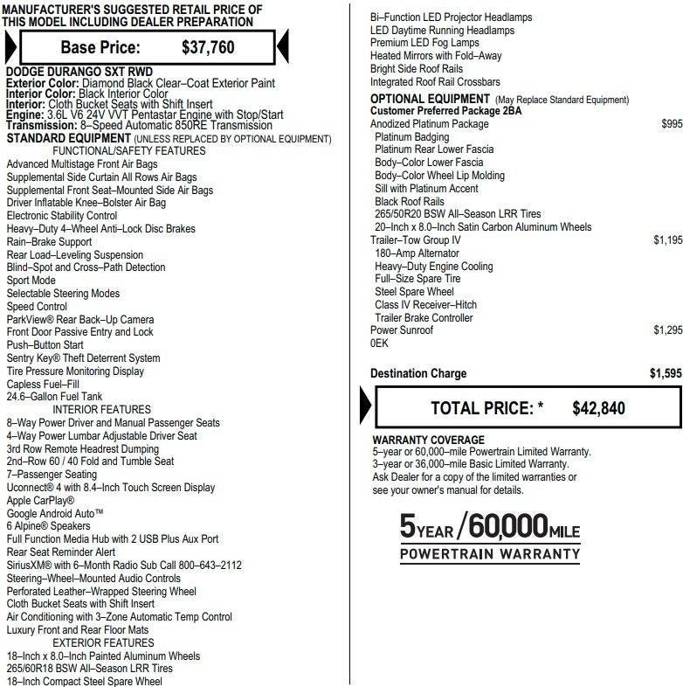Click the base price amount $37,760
(208, 47)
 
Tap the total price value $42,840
(598, 408)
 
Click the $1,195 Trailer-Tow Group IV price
(667, 240)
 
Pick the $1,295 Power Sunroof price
(667, 330)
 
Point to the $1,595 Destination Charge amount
(666, 374)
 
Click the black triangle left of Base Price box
(10, 46)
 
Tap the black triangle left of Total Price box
(366, 407)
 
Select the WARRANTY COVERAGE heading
(428, 441)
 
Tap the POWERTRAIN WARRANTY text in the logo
(490, 554)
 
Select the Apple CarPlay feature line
(40, 501)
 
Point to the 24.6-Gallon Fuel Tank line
(54, 397)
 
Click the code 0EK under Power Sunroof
(379, 343)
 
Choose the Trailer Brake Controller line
(424, 318)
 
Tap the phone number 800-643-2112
(205, 566)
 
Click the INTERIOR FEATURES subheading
(101, 410)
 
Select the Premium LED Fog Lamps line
(424, 43)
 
